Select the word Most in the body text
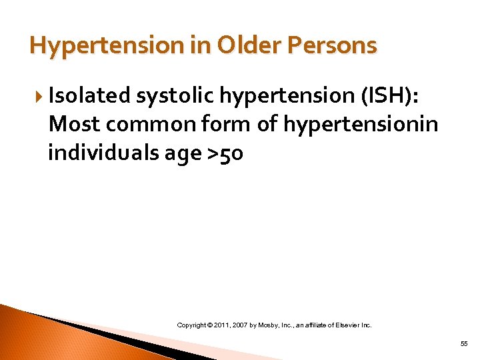[71, 125]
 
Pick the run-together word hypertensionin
[361, 125]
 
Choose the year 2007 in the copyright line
[245, 325]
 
